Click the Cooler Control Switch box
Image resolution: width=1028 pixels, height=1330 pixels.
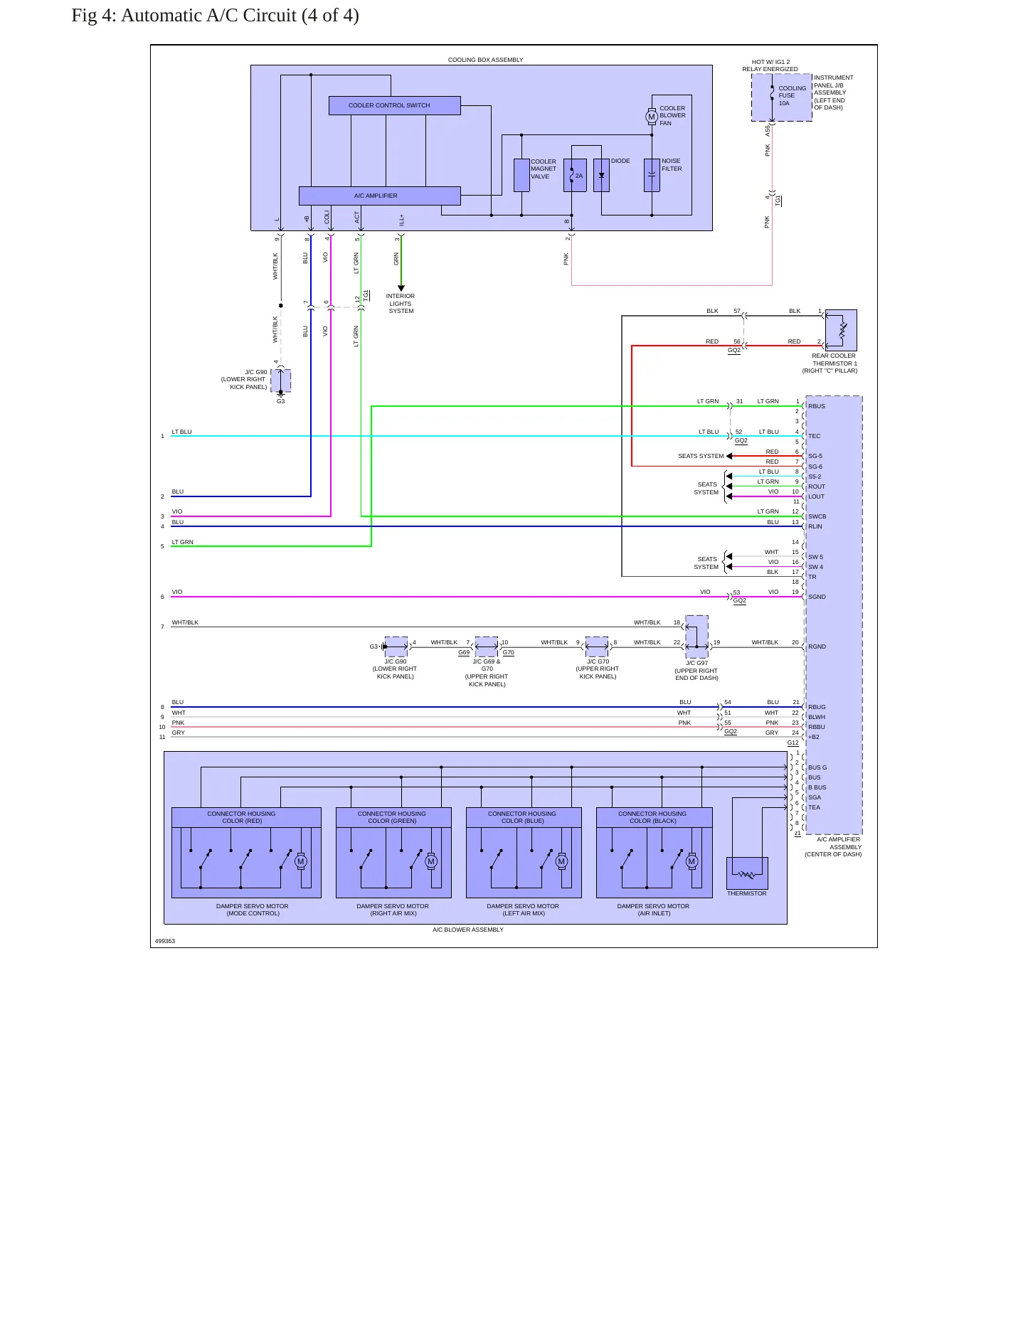click(394, 105)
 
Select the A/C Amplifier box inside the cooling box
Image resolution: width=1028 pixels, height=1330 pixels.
click(379, 196)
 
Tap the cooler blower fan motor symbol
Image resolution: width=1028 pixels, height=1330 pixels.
click(651, 117)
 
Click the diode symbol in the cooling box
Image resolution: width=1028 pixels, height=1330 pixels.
click(602, 175)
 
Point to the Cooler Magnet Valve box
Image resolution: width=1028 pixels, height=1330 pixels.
click(521, 175)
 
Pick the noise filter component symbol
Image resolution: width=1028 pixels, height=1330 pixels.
click(652, 175)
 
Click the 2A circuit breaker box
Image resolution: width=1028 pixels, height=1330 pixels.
click(575, 175)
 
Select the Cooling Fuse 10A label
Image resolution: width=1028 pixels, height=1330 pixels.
click(792, 95)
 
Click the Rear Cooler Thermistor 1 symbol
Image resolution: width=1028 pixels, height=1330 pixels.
click(841, 330)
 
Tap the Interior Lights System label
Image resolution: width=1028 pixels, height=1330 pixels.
click(401, 304)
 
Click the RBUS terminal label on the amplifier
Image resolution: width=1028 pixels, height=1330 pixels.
click(817, 406)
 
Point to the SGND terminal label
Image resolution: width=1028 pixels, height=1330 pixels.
click(817, 597)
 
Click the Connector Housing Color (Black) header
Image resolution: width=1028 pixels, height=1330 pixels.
click(654, 817)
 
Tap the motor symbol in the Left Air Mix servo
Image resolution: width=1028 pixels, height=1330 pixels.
click(561, 861)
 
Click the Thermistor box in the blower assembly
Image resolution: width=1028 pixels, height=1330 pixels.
click(747, 873)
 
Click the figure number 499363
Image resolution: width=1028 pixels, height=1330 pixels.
click(165, 941)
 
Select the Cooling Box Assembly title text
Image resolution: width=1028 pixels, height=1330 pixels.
click(485, 60)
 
